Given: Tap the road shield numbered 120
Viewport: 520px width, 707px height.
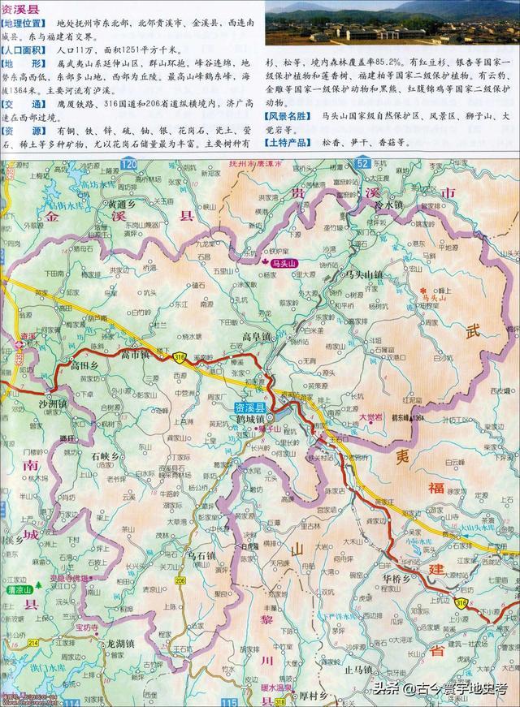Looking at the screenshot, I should pos(128,165).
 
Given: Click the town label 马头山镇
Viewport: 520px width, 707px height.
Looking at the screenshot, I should pos(361,275).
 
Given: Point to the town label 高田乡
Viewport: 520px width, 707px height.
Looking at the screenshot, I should pos(84,366).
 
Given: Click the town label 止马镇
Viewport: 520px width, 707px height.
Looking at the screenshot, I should pos(357,670).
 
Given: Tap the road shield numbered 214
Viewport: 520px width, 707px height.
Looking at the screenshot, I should pos(33,642).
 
